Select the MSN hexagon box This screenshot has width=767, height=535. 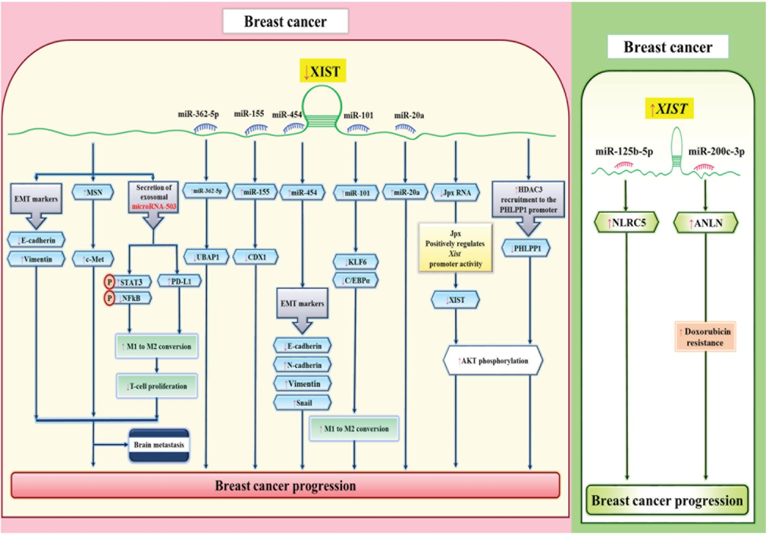(x=94, y=190)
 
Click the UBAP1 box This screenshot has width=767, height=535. (x=206, y=258)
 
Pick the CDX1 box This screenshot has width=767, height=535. (x=255, y=258)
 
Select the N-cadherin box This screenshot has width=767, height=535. (x=302, y=364)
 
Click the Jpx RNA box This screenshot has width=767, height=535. (x=455, y=190)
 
